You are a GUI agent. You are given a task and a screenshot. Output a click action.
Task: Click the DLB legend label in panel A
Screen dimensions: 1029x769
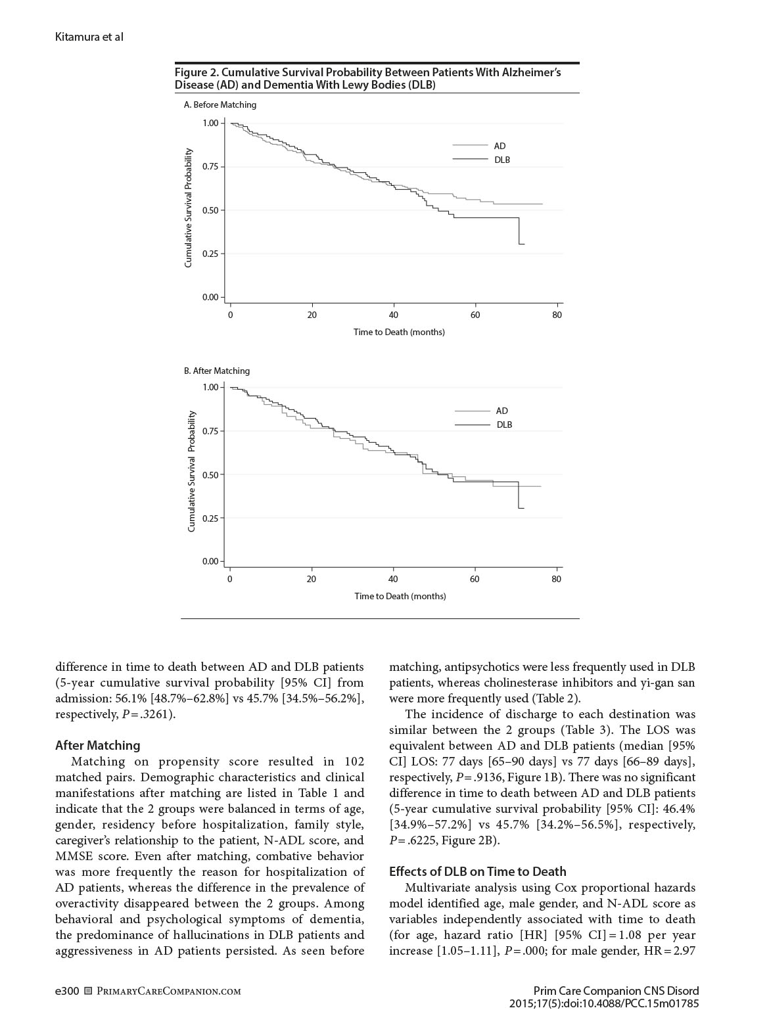coord(501,160)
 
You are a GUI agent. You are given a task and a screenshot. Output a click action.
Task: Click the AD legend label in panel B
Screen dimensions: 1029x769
coord(501,411)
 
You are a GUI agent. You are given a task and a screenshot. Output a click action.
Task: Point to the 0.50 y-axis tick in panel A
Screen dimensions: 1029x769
coord(210,210)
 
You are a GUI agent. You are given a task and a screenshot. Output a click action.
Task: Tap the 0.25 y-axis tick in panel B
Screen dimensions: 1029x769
coord(210,518)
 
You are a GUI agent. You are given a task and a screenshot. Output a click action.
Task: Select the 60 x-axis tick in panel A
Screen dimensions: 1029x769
coord(475,315)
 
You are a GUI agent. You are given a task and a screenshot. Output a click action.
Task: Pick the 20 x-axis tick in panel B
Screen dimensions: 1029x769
coord(311,579)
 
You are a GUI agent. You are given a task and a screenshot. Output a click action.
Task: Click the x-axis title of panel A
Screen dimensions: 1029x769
coord(399,332)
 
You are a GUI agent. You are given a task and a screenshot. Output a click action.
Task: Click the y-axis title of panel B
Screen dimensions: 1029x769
coord(191,471)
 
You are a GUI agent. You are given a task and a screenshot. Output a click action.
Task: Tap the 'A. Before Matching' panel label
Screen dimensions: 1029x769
coord(220,104)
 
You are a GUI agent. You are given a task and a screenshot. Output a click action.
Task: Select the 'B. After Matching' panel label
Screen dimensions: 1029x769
coord(217,371)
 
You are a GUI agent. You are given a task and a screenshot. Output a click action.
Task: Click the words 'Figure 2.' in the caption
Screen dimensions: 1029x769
coord(196,72)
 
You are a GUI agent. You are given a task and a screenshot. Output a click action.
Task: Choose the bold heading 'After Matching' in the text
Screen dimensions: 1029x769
coord(98,745)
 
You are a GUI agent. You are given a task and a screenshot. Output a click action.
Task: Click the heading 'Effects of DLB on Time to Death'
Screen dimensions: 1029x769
coord(477,871)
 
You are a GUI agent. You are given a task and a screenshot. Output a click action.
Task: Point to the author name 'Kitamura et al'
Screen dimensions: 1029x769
coord(89,37)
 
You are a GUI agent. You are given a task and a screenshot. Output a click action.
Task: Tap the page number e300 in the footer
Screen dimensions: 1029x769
coord(67,991)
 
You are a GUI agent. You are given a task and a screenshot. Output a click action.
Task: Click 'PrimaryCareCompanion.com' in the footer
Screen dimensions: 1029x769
coord(168,991)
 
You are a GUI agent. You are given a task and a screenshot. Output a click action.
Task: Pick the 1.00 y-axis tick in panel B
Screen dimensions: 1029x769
coord(210,387)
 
